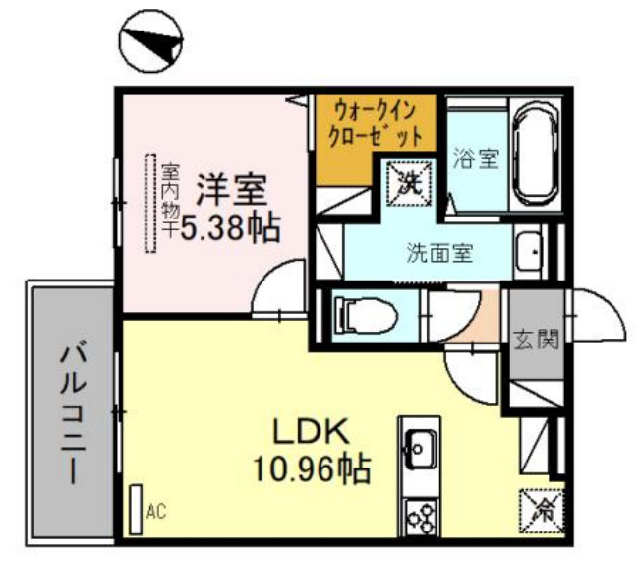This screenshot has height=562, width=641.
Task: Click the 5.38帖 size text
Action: pos(229,228)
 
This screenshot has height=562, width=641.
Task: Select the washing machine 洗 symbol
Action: pos(408,180)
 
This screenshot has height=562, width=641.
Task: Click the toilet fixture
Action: pos(364,315)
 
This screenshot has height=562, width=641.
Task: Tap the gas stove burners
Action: pos(422,515)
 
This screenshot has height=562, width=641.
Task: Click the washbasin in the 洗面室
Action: pos(529,252)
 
